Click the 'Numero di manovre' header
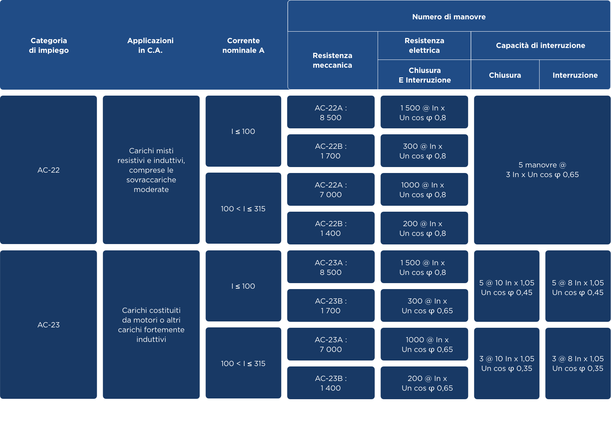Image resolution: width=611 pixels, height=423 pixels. tap(449, 17)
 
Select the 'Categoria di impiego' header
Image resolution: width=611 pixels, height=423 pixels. tap(49, 45)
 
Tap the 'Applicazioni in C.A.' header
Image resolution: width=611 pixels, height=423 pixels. tap(150, 45)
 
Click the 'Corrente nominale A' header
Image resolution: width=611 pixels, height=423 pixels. tap(243, 45)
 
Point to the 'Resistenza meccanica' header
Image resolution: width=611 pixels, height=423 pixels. tap(332, 60)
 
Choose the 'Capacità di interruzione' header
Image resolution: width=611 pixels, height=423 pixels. tap(540, 45)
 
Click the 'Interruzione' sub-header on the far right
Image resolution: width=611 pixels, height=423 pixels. tap(575, 75)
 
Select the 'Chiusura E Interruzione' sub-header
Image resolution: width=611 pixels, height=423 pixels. tap(424, 75)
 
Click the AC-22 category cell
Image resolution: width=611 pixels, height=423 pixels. tap(48, 170)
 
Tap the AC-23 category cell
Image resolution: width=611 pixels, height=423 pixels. tap(48, 325)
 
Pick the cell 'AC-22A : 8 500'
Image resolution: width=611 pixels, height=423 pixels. tap(331, 112)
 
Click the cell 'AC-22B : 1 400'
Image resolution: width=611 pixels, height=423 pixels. tap(331, 228)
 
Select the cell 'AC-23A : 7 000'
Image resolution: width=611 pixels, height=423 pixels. tap(331, 344)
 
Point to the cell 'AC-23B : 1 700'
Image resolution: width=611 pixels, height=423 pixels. tap(331, 305)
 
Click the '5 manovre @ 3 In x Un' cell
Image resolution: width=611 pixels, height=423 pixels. tap(542, 170)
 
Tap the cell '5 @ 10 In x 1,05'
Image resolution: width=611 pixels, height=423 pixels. tap(507, 286)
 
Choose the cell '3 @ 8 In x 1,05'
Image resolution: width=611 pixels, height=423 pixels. tap(578, 363)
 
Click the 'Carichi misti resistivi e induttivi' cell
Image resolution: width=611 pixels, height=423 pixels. tap(151, 170)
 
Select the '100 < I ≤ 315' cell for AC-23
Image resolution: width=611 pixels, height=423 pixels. tap(243, 363)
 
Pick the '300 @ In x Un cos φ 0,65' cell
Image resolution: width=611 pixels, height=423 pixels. tap(424, 305)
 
